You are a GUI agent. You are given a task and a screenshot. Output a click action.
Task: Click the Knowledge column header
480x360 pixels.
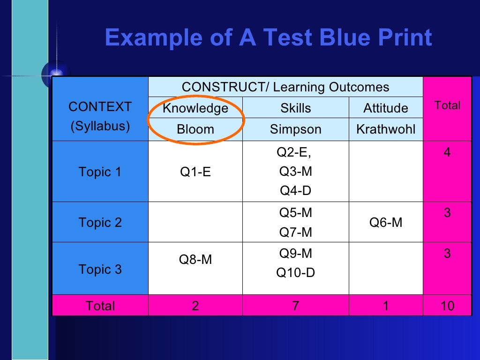point(195,108)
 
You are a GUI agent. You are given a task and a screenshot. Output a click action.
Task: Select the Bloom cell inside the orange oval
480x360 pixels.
point(195,129)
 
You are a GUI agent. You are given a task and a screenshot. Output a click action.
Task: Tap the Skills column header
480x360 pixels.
point(295,108)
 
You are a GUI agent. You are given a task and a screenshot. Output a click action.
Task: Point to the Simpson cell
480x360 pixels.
point(295,129)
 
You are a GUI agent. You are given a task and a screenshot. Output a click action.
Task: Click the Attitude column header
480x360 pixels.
point(386,108)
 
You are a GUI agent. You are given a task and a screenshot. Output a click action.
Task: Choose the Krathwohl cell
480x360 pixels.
point(386,129)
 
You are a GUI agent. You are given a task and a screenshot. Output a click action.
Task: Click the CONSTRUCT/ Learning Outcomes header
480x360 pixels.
point(285,87)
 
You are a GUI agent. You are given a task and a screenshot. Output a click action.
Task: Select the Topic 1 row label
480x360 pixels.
point(100,172)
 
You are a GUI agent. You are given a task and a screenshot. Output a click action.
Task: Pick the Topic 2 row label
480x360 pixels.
point(100,223)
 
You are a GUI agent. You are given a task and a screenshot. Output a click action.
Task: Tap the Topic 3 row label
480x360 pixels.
point(100,270)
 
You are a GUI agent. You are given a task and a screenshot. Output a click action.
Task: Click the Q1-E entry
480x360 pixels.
point(195,172)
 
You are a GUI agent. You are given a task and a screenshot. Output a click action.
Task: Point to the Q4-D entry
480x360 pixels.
point(295,191)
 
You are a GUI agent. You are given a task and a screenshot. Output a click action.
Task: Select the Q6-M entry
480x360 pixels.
point(386,223)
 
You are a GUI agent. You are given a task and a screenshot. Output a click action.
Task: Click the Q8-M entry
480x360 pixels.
point(195,259)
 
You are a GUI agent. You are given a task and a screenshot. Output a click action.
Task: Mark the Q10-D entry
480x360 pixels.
point(295,272)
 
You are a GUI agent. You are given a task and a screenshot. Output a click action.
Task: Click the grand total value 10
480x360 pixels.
point(447,306)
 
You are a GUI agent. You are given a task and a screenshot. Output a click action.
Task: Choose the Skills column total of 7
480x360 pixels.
point(295,306)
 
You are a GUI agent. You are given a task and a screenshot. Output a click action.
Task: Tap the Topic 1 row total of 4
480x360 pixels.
point(447,153)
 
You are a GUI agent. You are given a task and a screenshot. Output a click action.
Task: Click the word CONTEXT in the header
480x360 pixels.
point(100,107)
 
